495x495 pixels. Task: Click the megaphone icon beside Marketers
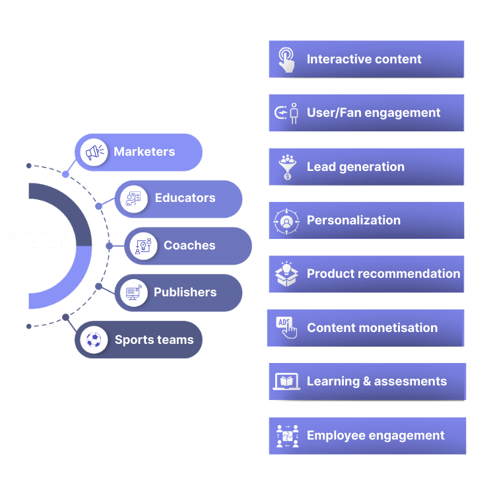94,152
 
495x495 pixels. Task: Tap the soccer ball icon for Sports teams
94,341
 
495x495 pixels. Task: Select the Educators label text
185,198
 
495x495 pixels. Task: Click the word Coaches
189,246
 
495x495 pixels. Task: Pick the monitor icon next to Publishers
134,292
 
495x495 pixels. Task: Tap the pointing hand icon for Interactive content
286,59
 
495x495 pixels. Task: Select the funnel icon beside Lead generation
286,167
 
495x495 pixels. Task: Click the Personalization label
353,220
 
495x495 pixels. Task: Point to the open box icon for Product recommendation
286,275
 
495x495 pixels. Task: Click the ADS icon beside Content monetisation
286,328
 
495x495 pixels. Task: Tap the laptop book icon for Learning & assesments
286,382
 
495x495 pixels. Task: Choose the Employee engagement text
376,436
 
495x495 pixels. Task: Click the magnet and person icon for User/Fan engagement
286,114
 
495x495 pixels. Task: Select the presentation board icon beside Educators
134,199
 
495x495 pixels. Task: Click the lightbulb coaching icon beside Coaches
143,246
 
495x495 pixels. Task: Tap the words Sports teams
154,341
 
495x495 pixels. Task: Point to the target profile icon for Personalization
286,221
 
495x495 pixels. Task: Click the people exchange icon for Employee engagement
286,436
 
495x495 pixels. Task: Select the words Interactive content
364,59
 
